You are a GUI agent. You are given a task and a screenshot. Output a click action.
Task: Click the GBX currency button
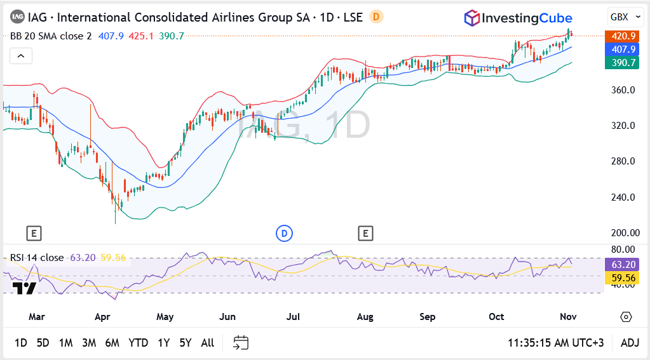point(620,17)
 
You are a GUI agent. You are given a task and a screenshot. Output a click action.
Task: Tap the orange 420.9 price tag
point(623,36)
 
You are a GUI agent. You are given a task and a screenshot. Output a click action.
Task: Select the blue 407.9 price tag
point(623,49)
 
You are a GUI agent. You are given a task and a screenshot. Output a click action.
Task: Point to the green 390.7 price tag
point(623,62)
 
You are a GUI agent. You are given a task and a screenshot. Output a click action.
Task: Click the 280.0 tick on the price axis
point(623,161)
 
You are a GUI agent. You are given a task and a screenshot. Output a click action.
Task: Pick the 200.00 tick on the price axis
point(623,233)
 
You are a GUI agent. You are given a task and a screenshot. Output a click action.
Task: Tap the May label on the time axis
point(165,317)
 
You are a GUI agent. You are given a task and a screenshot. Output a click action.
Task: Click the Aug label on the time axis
point(365,317)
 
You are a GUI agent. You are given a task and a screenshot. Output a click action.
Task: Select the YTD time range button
point(138,343)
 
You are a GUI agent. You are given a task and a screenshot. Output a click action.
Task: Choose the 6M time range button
point(112,343)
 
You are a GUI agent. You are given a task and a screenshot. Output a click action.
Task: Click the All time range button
point(207,343)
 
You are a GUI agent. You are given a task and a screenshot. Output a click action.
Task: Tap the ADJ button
point(630,343)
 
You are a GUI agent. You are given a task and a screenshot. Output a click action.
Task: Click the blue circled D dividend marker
point(284,234)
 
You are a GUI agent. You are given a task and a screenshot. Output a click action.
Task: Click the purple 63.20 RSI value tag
point(623,264)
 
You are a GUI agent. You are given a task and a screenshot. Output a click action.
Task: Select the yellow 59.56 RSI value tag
point(623,277)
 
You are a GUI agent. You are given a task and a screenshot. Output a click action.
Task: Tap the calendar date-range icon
point(240,343)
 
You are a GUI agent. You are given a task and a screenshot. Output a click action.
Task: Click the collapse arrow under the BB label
point(20,57)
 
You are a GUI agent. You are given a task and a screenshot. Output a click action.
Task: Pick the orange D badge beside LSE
point(376,17)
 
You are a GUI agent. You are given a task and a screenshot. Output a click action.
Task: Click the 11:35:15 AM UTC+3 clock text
point(555,343)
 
